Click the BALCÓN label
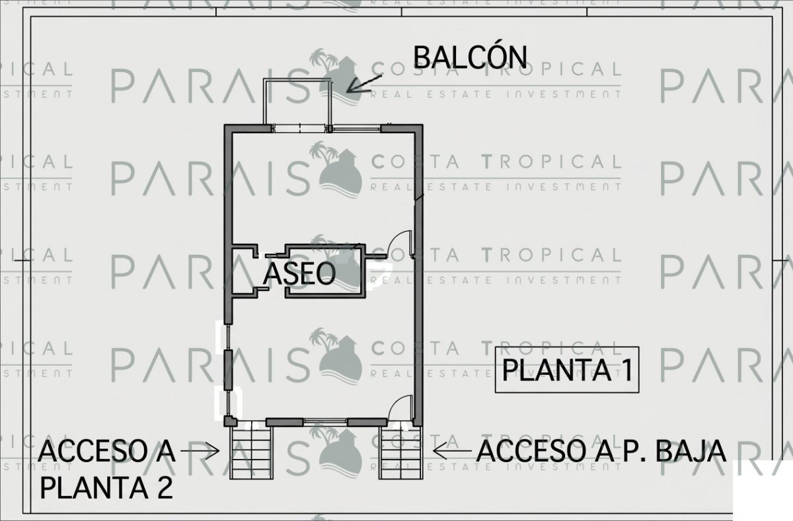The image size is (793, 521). pos(470,57)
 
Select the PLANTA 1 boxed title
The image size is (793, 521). pos(567,370)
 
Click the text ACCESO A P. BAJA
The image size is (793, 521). pos(601,452)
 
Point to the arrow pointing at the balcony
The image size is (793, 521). pos(364,84)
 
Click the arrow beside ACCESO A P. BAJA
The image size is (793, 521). pos(452,451)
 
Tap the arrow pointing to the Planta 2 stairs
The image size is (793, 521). pos(200,451)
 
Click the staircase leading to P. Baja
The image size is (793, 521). pos(400,453)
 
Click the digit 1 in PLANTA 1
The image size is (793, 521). pos(626,370)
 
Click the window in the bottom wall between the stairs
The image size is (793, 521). pos(325,421)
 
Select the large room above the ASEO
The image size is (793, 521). pos(323,188)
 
